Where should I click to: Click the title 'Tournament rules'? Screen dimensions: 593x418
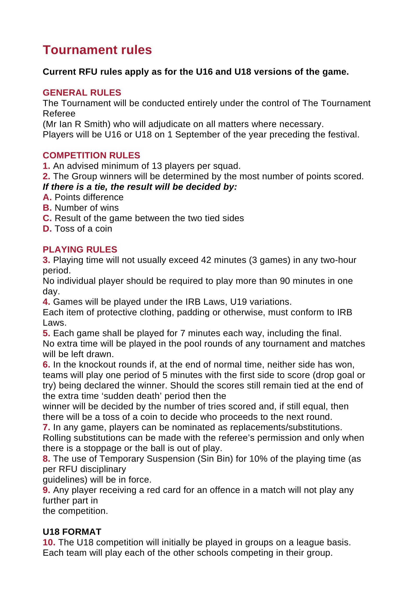tap(97, 50)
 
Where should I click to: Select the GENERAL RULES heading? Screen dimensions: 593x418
tap(82, 92)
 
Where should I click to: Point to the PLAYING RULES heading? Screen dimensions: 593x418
tap(80, 249)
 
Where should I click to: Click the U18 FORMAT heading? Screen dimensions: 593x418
tap(72, 532)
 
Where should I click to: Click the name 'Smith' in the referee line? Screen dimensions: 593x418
tap(96, 124)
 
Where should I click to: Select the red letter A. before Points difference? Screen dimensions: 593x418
tap(47, 197)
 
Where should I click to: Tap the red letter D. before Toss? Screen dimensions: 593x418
tap(47, 228)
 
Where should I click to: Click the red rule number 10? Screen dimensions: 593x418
tap(49, 542)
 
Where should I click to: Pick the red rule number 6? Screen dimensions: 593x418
tap(46, 365)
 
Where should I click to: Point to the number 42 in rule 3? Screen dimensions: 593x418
tap(206, 260)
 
